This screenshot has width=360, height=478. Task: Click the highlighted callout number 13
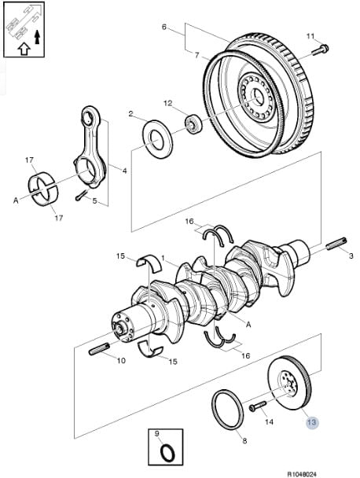312,422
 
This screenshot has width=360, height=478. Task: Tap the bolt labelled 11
320,50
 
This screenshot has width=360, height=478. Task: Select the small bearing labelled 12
193,123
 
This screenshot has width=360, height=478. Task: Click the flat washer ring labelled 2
157,139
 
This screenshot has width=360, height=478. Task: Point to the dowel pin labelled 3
336,244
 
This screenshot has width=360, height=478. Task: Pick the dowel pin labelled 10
99,349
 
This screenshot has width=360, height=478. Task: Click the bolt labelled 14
258,406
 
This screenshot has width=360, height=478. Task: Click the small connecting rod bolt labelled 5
81,196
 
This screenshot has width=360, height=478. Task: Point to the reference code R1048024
302,474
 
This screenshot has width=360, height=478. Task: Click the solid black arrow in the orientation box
37,37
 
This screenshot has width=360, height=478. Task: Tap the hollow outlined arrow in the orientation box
24,49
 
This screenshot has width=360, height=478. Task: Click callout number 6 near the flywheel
164,28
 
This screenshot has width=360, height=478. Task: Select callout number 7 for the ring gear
197,55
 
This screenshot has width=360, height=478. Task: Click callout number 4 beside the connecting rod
124,171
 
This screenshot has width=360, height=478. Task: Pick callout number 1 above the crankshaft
163,258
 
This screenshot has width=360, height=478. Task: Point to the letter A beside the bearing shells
16,200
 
